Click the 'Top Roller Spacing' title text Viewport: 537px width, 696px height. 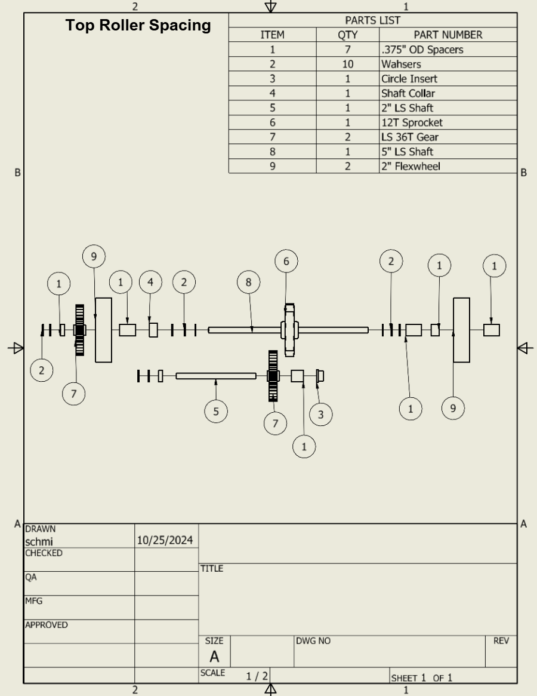(x=138, y=26)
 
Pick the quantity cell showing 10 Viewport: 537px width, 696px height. (x=347, y=65)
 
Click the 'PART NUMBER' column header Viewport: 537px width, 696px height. (x=447, y=35)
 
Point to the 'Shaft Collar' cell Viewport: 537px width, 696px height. (x=408, y=93)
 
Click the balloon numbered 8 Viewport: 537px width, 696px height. (x=249, y=282)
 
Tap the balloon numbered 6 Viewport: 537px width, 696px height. (x=286, y=261)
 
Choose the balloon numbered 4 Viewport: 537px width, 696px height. (x=150, y=282)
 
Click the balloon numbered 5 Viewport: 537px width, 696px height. (x=215, y=411)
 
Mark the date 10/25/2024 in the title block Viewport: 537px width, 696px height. (x=165, y=541)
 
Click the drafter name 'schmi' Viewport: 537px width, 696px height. (x=38, y=541)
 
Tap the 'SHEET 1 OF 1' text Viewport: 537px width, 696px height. (x=421, y=677)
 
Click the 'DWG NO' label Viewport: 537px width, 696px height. (x=313, y=641)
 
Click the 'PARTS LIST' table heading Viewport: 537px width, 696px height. (x=372, y=21)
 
